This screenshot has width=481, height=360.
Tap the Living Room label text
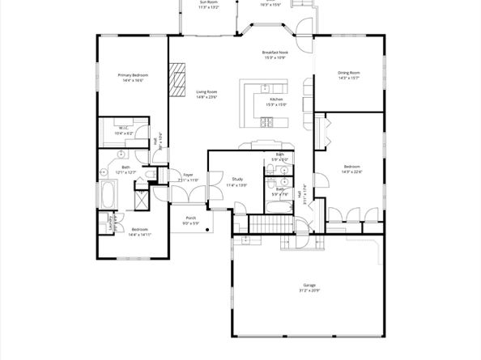point(206,92)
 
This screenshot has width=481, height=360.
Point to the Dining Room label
point(349,73)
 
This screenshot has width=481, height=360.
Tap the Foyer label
point(187,174)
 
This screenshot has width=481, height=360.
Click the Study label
point(236,180)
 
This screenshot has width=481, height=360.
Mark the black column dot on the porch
point(207,230)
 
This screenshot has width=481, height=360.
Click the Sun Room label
point(209,2)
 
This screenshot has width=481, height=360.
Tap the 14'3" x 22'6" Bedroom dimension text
point(351,172)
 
